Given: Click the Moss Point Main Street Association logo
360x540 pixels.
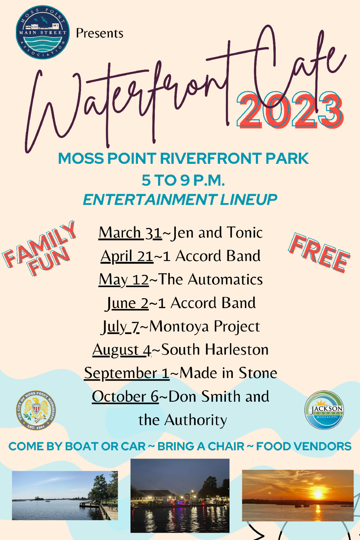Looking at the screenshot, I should pos(43,32).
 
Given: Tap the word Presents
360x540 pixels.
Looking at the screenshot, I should pos(100,33).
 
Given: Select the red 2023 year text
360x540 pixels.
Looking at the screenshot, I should pos(290,110).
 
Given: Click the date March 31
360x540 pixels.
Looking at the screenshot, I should pos(130,233).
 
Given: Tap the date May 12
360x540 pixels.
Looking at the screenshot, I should pos(124,280).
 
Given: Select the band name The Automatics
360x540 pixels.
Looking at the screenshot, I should pos(210,280).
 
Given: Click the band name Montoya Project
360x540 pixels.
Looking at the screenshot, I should pos(204,326).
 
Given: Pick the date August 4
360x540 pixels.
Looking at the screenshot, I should pos(122,350).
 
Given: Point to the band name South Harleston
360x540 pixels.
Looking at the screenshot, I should pos(215,350).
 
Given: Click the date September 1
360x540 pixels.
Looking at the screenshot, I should pos(127,373).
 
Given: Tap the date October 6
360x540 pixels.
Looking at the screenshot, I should pos(125,397).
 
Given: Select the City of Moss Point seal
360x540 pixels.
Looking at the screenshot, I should pos(36,410).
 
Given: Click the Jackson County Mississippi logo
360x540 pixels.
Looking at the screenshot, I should pos(324,410).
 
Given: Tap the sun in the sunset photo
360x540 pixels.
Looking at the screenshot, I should pos(318,493).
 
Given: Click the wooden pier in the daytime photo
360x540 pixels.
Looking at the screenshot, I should pos(99,507).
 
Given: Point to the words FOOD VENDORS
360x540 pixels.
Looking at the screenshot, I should pos(304,446).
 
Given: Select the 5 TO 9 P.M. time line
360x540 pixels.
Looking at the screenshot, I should pos(183,180).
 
